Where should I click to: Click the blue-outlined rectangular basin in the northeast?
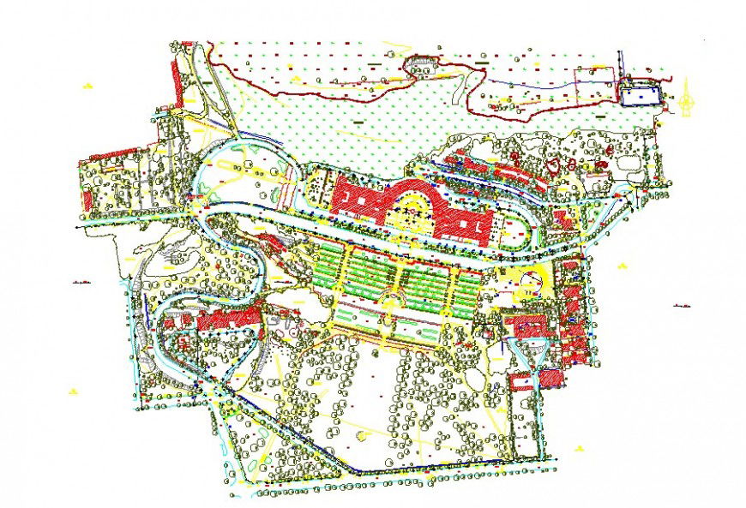pos(642,94)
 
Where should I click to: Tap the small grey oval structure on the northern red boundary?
pos(420,62)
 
